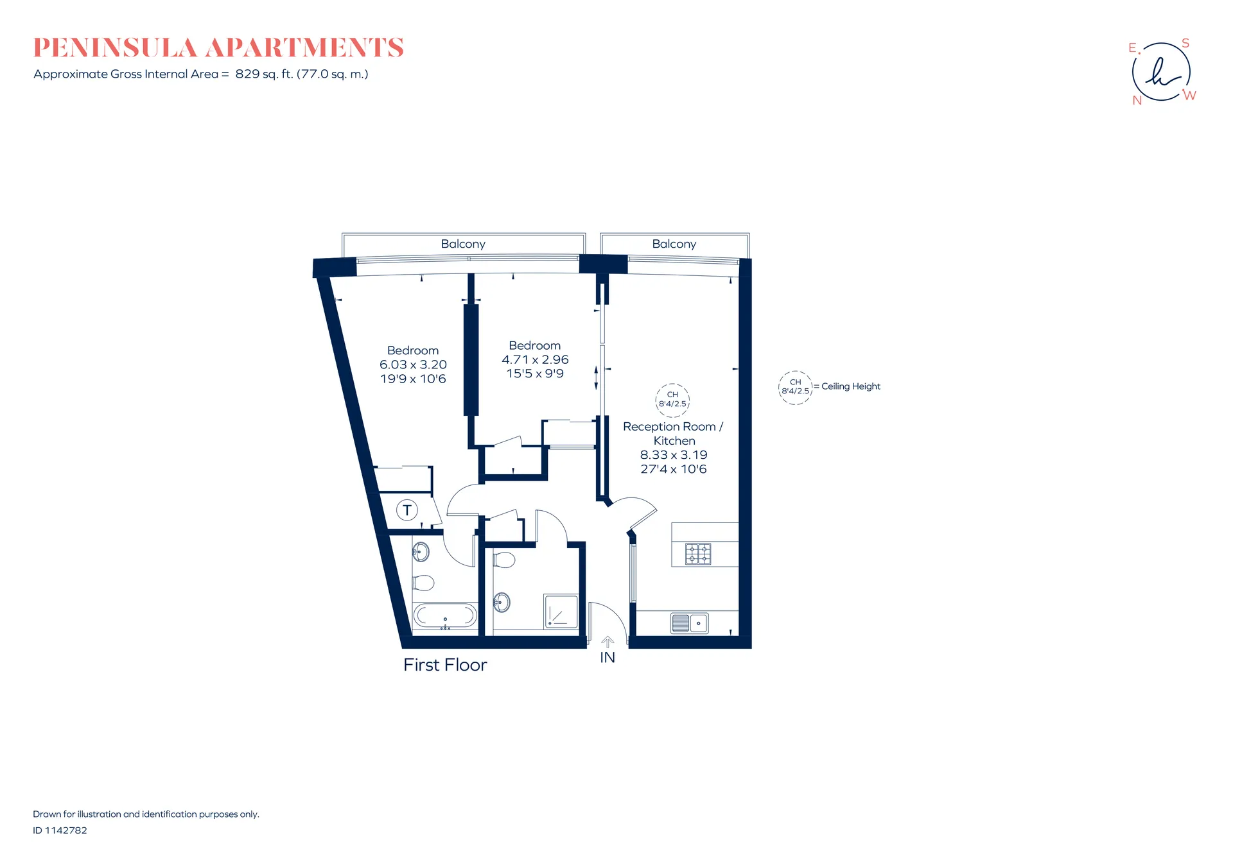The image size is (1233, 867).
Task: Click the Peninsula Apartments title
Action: point(218,47)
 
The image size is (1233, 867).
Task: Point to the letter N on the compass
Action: point(1137,101)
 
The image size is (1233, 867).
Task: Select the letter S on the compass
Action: point(1185,43)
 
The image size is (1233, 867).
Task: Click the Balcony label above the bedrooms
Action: point(463,244)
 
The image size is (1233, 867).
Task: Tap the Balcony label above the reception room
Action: point(674,244)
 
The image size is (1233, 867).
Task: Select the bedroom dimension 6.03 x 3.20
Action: point(413,365)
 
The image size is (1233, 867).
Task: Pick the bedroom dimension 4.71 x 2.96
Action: point(535,359)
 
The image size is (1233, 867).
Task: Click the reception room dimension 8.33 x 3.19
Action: point(674,454)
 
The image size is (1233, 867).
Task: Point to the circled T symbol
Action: point(407,510)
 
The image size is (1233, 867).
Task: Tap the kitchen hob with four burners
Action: point(698,554)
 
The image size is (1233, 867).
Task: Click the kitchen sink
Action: point(690,623)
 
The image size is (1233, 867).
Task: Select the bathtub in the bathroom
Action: point(445,616)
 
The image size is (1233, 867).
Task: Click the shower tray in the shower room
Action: point(561,611)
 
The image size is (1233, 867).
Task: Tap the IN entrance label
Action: point(608,658)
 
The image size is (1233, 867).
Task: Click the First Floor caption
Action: point(445,665)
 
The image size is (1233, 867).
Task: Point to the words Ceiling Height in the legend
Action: point(851,386)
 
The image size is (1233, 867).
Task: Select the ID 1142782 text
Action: point(60,830)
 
